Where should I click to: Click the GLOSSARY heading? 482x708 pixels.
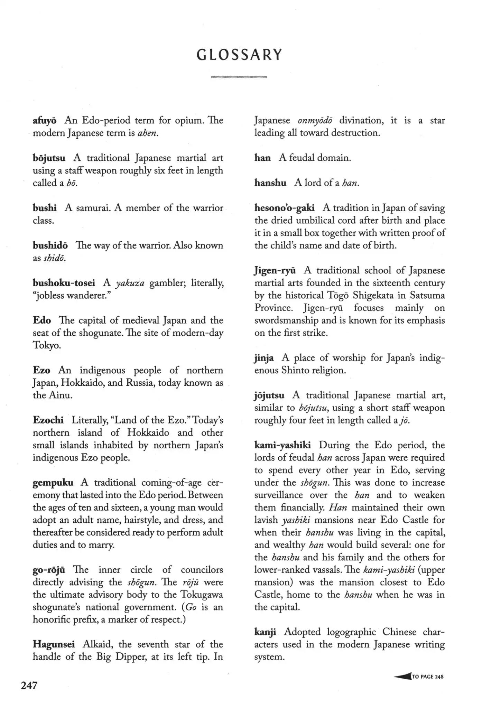click(239, 55)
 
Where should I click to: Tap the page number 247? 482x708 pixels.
click(29, 685)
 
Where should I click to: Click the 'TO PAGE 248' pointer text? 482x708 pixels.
click(427, 677)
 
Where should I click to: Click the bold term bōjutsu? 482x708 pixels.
click(49, 158)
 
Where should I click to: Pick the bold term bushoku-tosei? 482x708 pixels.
click(64, 283)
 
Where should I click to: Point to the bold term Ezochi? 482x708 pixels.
click(48, 420)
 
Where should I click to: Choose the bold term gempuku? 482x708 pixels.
click(53, 483)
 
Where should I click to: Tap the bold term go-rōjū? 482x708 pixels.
click(49, 570)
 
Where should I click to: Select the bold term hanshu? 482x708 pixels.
click(270, 183)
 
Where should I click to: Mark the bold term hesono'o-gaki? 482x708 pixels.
click(284, 208)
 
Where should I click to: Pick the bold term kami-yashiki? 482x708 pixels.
click(282, 445)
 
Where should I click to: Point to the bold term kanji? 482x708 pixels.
click(265, 632)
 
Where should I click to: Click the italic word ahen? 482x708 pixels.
click(148, 133)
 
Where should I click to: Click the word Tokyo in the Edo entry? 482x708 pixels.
click(47, 345)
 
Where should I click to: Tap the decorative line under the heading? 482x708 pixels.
click(239, 77)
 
